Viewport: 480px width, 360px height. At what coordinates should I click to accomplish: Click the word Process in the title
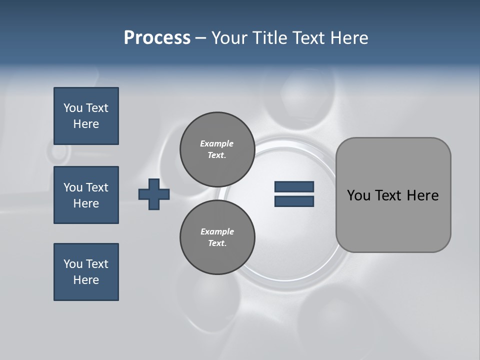pos(157,38)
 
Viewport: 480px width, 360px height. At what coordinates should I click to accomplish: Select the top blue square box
pos(86,116)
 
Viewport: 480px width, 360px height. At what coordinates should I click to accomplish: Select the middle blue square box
pos(86,195)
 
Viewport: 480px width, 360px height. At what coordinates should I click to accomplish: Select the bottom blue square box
pos(86,272)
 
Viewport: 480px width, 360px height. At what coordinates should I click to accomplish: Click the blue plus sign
pos(154,194)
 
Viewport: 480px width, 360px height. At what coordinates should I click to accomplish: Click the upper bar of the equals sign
pos(294,186)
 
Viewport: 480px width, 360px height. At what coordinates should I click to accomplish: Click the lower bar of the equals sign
pos(294,201)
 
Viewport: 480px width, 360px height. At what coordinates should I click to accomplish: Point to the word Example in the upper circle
pos(216,144)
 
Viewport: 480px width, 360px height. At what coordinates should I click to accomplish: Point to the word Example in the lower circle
pos(217,231)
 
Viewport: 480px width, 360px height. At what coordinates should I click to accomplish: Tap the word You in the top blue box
pos(73,108)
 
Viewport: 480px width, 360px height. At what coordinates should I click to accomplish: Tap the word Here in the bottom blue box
pos(86,280)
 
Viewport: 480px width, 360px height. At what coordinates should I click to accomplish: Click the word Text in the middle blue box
pos(97,187)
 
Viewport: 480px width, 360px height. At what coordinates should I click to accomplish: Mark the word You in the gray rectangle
pos(358,195)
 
